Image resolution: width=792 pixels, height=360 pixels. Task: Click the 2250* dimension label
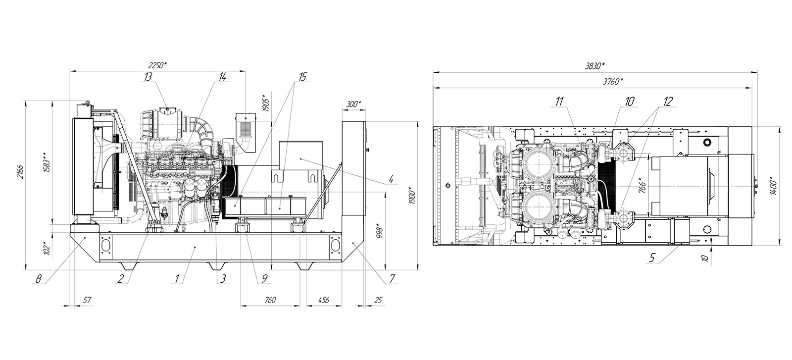[x=157, y=65]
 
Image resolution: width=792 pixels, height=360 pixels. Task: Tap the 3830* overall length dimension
[x=595, y=66]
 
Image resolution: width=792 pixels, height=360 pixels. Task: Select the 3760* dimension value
[x=613, y=82]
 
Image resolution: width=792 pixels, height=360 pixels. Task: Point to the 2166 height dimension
[x=21, y=171]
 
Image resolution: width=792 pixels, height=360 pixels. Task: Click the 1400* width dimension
[x=773, y=186]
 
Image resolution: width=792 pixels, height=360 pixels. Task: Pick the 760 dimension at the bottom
[x=270, y=300]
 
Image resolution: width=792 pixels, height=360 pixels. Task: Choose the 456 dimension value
[x=324, y=300]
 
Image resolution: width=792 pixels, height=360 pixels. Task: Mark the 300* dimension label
[x=353, y=104]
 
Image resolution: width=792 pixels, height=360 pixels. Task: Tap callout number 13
[x=148, y=77]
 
